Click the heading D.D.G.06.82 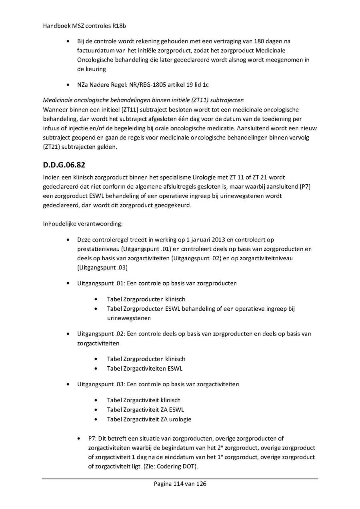[64, 165]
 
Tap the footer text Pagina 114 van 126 [180, 484]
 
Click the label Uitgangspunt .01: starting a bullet [101, 283]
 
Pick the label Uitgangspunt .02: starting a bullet [101, 333]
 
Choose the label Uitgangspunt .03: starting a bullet [101, 384]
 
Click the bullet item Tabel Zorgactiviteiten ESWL [144, 369]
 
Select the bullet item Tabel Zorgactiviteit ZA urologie [149, 419]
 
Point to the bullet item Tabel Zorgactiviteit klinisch [143, 400]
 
